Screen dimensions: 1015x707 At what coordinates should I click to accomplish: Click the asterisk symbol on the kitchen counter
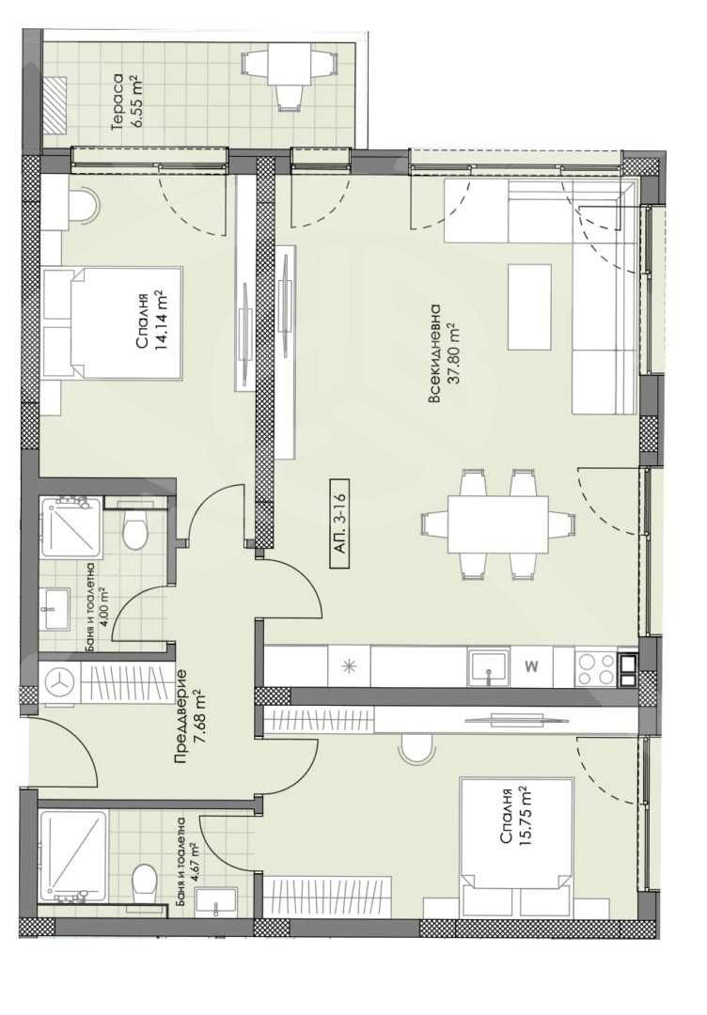coord(349,667)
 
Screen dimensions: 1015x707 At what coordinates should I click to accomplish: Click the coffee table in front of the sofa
coord(530,307)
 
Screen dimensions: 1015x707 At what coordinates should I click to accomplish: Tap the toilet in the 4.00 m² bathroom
coord(136,532)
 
